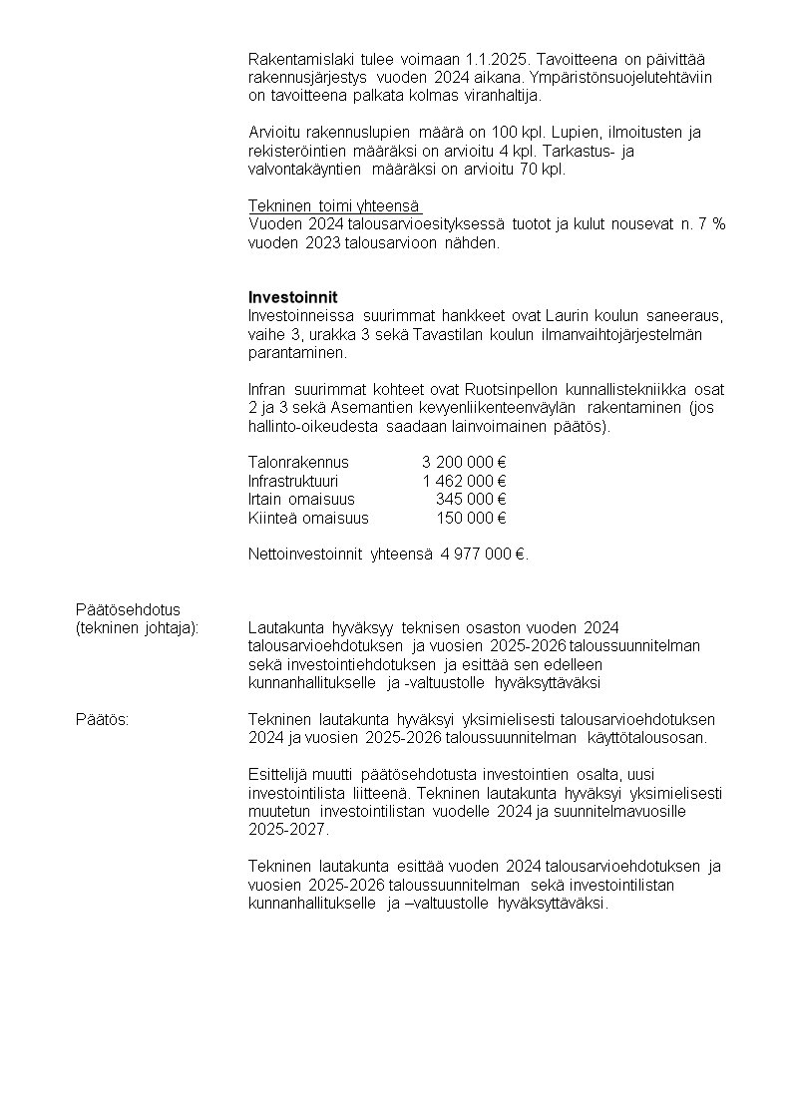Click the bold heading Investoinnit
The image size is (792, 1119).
(x=292, y=297)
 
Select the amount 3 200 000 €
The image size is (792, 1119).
(x=464, y=462)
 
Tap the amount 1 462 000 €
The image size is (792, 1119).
(x=464, y=481)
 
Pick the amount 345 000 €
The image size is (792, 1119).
(x=472, y=499)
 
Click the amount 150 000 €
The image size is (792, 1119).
(x=472, y=518)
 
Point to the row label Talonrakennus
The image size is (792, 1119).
(x=298, y=462)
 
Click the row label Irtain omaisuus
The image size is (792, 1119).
(x=301, y=499)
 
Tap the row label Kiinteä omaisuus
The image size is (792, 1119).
(x=308, y=518)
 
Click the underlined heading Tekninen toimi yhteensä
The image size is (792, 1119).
(x=334, y=205)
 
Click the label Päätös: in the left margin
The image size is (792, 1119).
(x=102, y=719)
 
